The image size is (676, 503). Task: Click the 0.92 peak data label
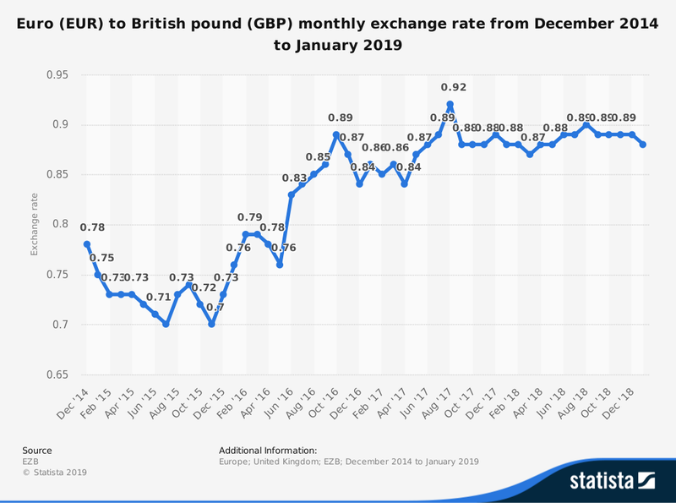454,87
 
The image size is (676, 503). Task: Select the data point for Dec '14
87,244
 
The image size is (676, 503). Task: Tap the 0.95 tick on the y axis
57,74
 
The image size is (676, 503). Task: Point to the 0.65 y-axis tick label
57,375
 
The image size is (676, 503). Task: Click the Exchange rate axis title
35,225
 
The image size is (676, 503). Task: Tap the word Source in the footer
36,451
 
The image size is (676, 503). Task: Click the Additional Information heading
267,451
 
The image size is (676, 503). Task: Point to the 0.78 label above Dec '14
92,227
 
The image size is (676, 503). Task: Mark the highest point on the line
450,105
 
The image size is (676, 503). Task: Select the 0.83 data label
294,178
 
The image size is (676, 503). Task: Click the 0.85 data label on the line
318,157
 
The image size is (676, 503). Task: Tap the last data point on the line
644,145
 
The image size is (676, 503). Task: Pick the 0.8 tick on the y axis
60,225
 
